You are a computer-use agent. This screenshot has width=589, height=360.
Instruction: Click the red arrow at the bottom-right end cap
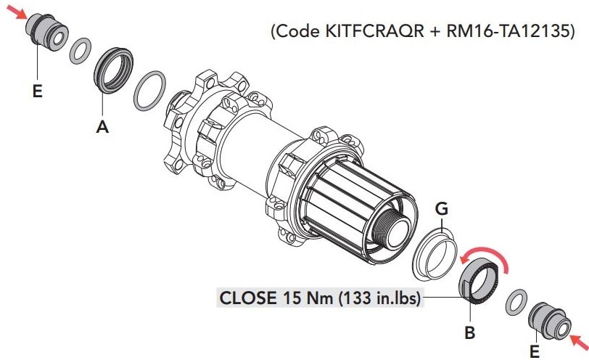(579, 341)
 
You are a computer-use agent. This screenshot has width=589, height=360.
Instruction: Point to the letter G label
(441, 208)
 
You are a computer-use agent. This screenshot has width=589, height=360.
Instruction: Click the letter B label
(470, 332)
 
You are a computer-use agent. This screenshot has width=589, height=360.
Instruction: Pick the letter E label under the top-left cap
(37, 91)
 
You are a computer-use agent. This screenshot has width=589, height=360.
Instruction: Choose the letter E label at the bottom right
(534, 352)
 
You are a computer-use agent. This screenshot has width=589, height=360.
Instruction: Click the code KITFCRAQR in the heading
(374, 31)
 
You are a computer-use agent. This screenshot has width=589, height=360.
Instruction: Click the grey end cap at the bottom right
(550, 320)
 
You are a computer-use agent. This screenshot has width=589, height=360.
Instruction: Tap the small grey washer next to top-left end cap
(80, 51)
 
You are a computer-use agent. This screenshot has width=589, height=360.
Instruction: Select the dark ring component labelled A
(113, 70)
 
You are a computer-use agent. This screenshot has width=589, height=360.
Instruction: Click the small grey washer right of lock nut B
(516, 302)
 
